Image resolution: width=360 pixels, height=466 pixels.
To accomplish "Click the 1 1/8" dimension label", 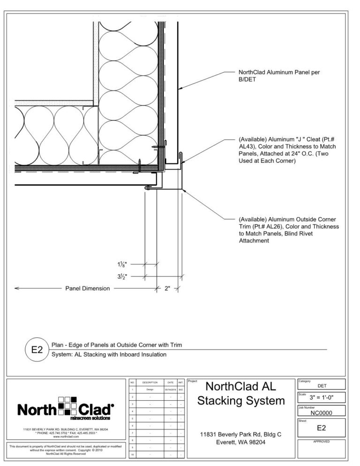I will coord(122,264).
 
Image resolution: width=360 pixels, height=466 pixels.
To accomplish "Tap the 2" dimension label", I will coord(168,289).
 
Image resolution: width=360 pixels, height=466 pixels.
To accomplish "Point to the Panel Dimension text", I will coord(87,289).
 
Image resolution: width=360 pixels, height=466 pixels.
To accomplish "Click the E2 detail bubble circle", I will coord(37,350).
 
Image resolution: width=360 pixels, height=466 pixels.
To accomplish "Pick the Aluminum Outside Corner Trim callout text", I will coord(288,230).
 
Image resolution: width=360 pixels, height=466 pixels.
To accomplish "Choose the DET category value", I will coord(322,386).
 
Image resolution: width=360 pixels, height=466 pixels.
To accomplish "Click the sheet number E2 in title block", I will coord(322,428).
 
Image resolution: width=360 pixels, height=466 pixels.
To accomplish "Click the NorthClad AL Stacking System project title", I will coord(241,394).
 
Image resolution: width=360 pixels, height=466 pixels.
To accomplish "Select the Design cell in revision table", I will coord(150,390).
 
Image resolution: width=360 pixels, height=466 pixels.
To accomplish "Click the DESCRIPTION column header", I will coord(150,383).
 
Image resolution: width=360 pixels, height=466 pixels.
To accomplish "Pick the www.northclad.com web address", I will coord(66,436).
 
